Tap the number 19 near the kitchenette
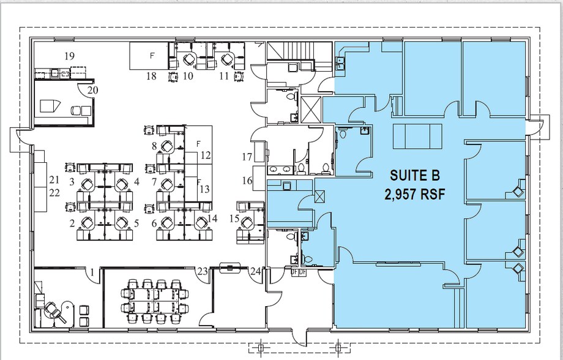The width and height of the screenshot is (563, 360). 69,56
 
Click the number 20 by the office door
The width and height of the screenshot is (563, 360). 92,89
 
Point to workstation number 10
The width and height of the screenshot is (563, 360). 188,76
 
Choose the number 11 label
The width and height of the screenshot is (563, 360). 224,76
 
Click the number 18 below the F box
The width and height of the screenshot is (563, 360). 151,76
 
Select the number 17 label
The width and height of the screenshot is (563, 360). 247,157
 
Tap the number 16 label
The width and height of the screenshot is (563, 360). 247,181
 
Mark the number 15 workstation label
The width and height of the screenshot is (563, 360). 234,219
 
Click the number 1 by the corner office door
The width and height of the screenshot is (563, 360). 91,270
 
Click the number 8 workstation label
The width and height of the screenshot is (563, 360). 155,146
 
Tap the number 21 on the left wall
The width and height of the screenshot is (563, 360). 54,180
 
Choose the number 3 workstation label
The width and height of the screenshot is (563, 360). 72,182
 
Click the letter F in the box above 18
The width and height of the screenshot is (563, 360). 152,55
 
